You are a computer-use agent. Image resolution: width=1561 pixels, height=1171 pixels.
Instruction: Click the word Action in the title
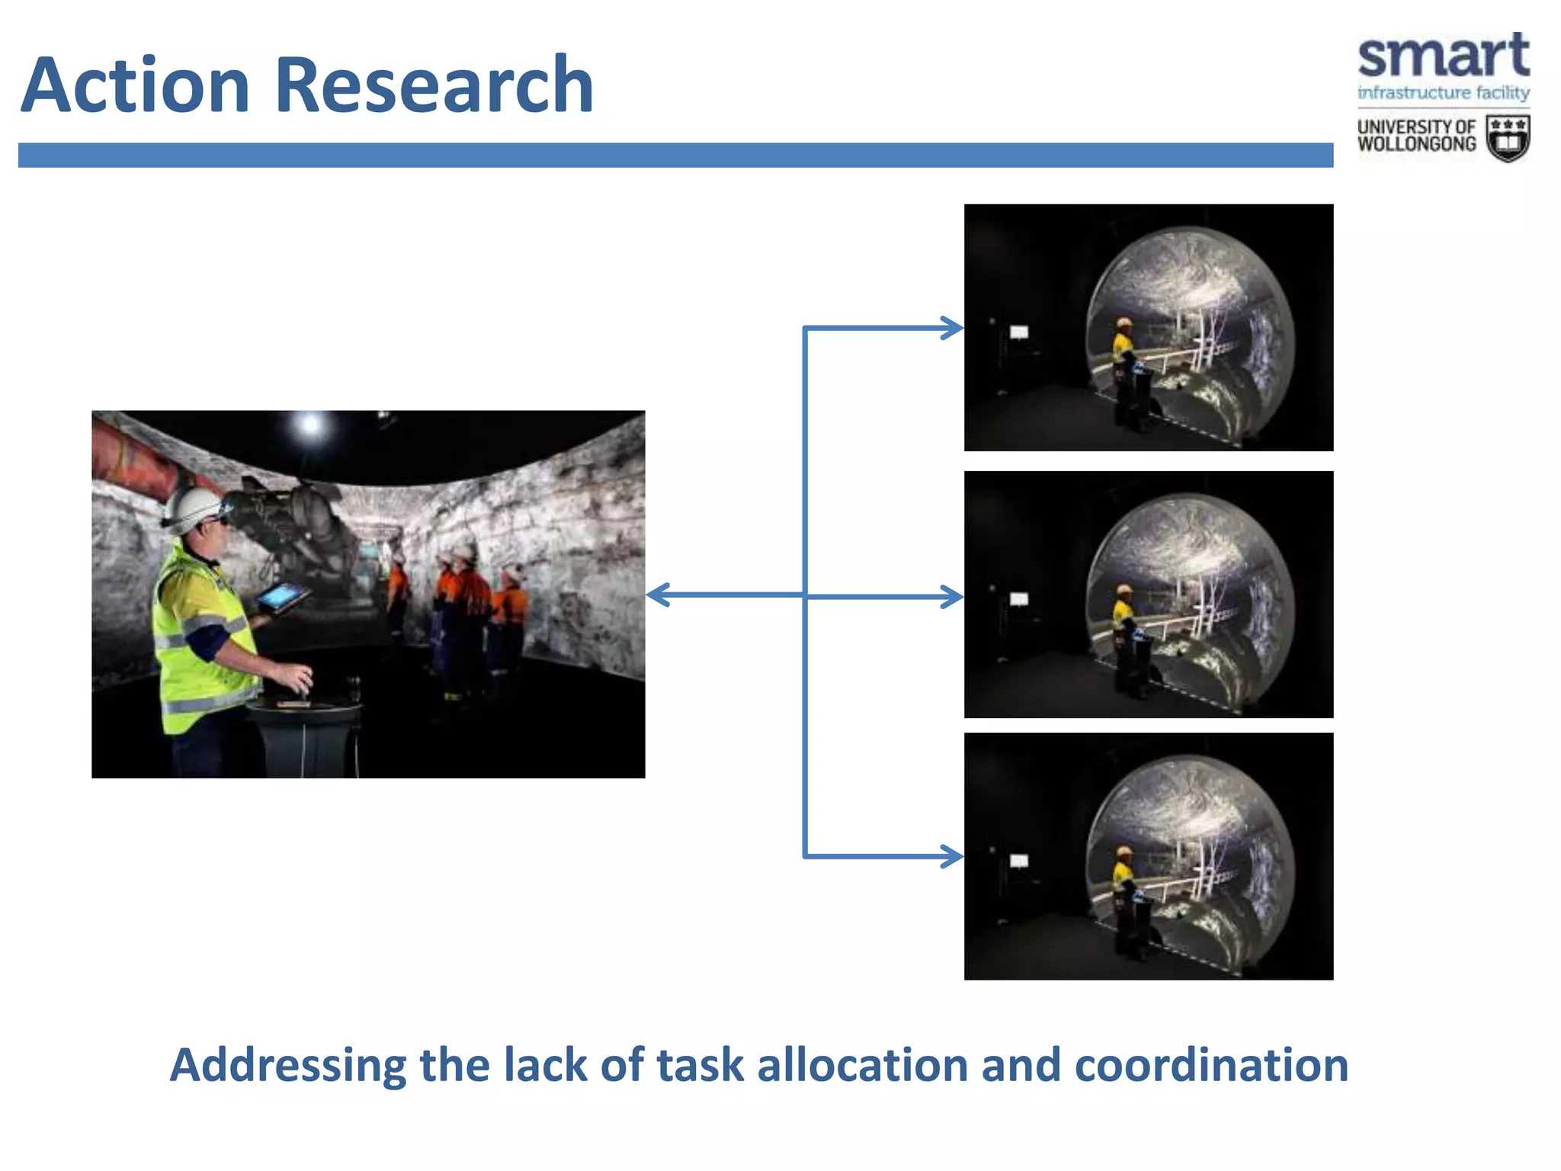point(136,85)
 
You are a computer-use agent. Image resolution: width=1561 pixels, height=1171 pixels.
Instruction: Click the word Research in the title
point(433,85)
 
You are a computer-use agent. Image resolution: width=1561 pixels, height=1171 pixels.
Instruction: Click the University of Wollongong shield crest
point(1508,139)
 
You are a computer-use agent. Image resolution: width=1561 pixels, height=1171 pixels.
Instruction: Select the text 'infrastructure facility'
point(1443,93)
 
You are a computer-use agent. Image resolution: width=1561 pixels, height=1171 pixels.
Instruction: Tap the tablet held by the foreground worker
point(283,597)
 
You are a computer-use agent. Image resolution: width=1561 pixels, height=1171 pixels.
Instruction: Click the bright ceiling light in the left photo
point(310,424)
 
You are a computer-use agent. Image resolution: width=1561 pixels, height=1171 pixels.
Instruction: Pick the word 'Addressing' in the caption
point(288,1065)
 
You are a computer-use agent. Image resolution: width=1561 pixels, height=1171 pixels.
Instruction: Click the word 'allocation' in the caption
point(862,1065)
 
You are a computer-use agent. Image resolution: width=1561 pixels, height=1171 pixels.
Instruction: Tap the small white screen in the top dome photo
point(1019,332)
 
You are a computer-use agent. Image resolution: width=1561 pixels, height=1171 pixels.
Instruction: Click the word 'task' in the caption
point(700,1065)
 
